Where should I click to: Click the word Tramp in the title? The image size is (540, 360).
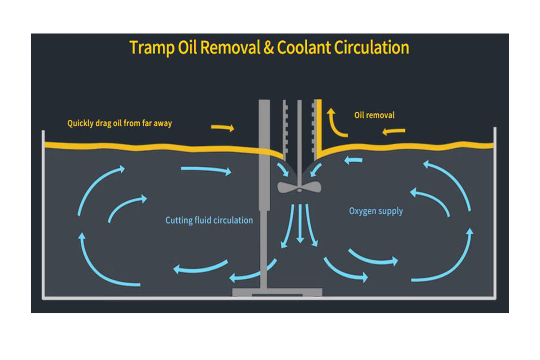pos(152,48)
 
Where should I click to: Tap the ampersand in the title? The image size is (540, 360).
pos(269,48)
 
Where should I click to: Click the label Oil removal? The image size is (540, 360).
pos(374,115)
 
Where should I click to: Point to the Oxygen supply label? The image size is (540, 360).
pos(376,211)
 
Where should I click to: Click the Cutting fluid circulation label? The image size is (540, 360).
pos(209,220)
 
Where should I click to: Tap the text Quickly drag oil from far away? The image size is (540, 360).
pos(120,123)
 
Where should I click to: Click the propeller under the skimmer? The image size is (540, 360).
pos(299,187)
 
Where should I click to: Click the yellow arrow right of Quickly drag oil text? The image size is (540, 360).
pos(222,127)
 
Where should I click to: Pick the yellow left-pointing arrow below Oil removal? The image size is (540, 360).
pos(394,131)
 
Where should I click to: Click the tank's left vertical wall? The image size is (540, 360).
pos(44,216)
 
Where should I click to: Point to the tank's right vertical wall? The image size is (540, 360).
pos(495,216)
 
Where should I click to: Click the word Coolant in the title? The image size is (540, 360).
pos(303,48)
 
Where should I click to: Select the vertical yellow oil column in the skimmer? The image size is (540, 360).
pos(319,130)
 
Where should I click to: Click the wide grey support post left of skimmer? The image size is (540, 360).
pos(264,155)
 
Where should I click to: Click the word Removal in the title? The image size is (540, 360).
pos(230,48)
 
